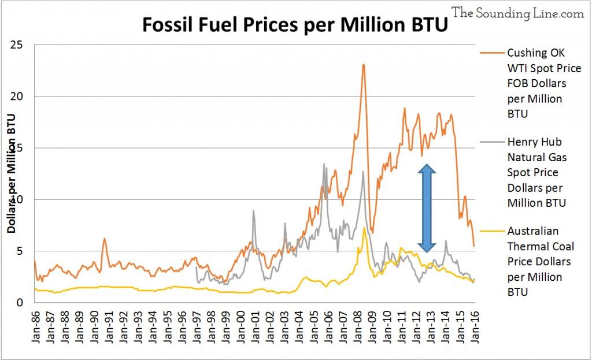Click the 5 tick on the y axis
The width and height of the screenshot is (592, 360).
[x=24, y=251]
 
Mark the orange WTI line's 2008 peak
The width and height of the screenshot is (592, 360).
[x=363, y=65]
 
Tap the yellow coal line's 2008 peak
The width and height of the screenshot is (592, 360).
[x=364, y=229]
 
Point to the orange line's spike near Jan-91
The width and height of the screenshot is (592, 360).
[x=105, y=239]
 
